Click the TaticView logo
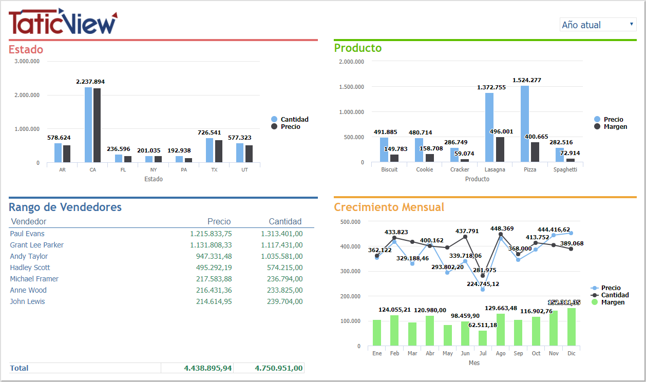(63, 22)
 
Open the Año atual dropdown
(598, 25)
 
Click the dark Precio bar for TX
(219, 151)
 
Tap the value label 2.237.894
(90, 82)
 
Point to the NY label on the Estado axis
(154, 169)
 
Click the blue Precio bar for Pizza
(524, 124)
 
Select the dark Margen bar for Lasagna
(500, 149)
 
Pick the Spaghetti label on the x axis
(565, 169)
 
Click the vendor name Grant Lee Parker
(37, 245)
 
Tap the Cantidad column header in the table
(285, 221)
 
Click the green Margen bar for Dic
(571, 327)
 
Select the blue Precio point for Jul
(483, 290)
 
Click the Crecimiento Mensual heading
(389, 207)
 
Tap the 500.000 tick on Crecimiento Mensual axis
(351, 222)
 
